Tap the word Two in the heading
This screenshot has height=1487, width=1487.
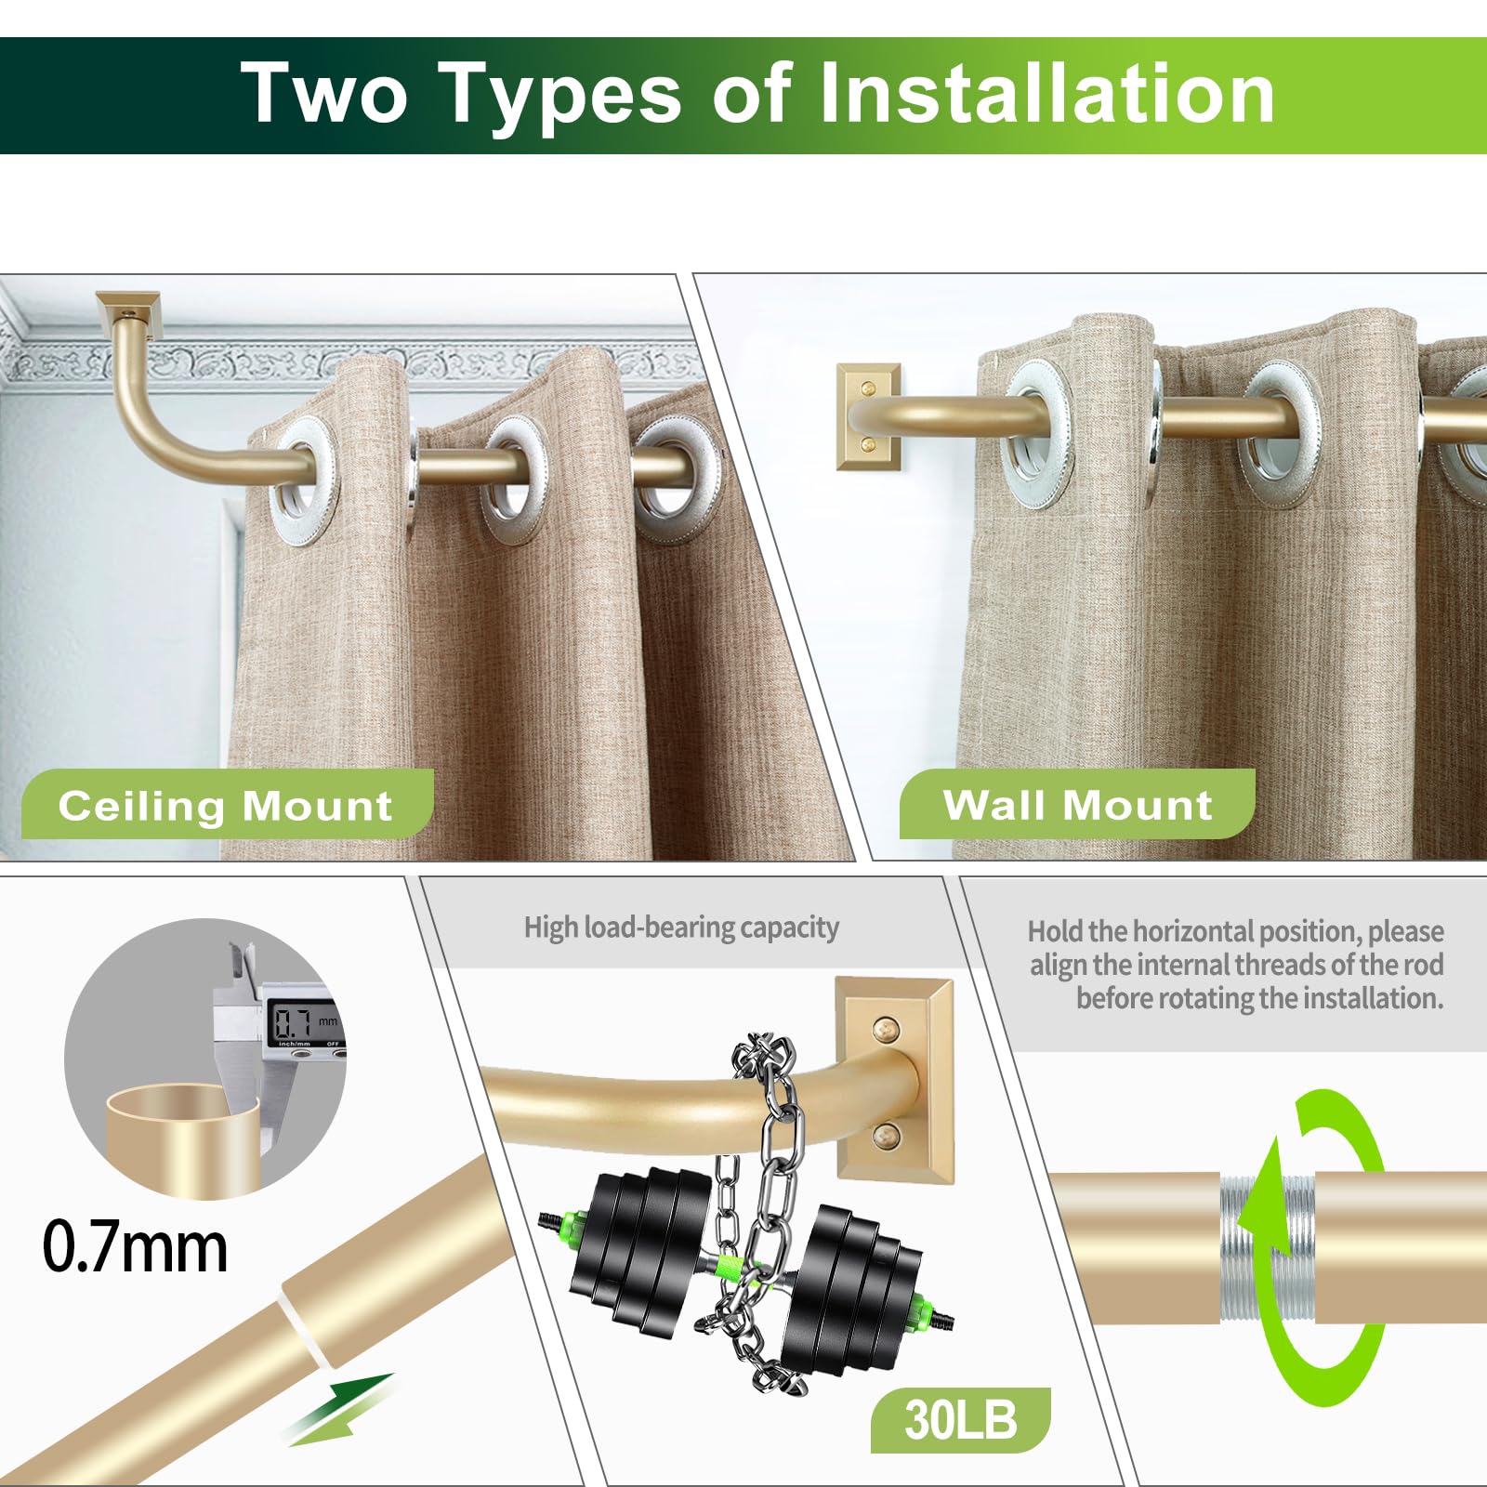[x=323, y=93]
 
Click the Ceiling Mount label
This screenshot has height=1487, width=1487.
[x=226, y=805]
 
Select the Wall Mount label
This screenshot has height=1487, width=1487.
[x=1076, y=805]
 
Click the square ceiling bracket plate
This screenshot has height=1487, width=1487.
[x=129, y=304]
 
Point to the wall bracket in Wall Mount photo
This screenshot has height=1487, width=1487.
[x=868, y=416]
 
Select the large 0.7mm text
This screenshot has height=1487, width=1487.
[x=136, y=1247]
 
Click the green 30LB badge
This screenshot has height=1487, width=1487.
[x=960, y=1420]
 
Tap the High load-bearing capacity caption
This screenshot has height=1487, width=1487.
[x=681, y=928]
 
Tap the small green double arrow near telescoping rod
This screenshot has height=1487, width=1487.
[x=336, y=1409]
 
